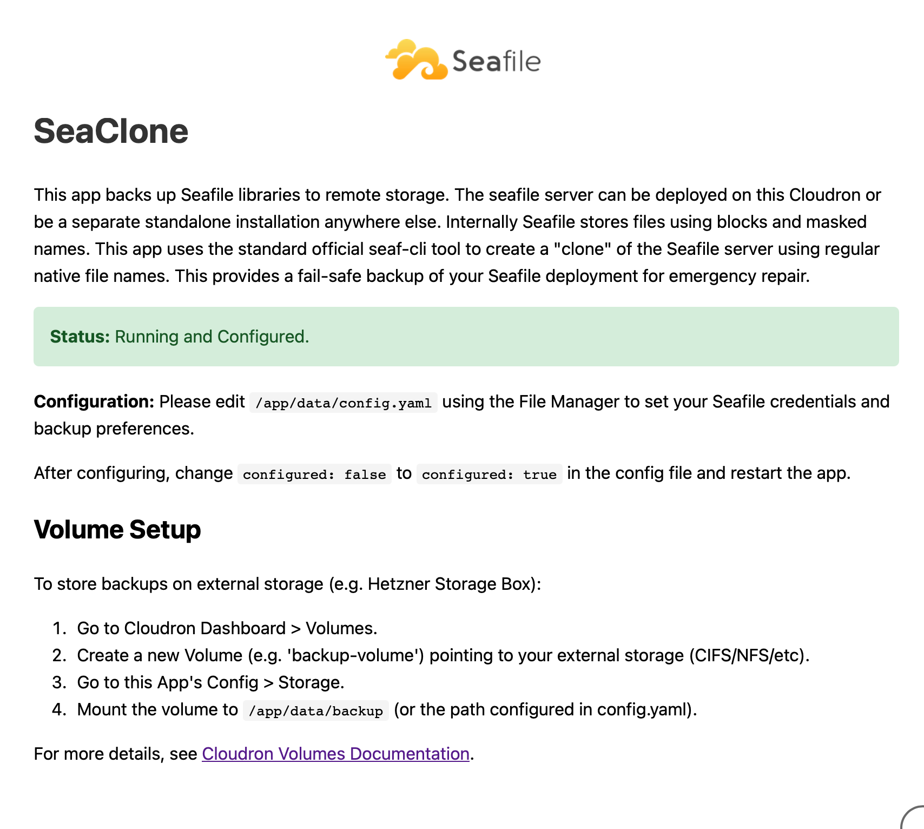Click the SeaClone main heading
(111, 131)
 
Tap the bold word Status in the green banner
(80, 337)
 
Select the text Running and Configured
(212, 337)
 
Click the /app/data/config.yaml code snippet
(343, 403)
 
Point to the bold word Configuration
(94, 402)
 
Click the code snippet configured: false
(314, 474)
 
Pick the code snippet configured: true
(489, 474)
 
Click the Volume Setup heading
(117, 530)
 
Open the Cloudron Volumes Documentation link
(335, 754)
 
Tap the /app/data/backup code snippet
(316, 710)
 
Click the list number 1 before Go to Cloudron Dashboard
(58, 628)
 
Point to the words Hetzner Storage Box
(451, 584)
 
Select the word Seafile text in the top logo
(496, 61)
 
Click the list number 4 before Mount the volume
(58, 709)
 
